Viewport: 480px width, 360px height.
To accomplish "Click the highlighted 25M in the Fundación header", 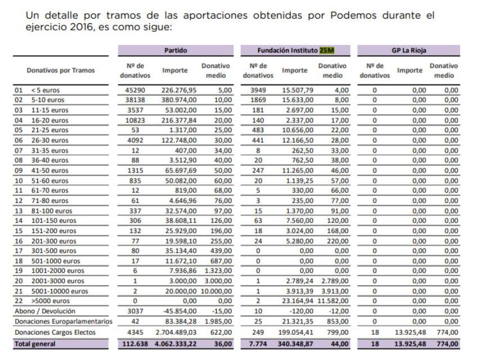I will point(326,50).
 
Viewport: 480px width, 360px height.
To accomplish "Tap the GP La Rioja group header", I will point(409,50).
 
